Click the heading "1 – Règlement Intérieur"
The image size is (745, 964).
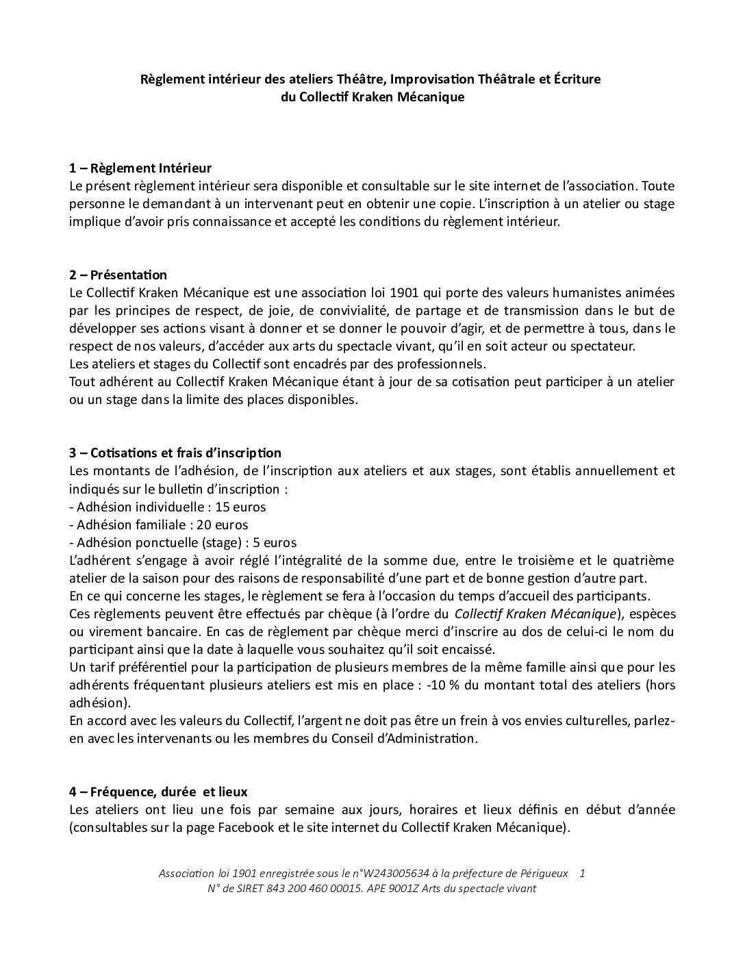140,168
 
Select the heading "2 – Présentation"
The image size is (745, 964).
118,275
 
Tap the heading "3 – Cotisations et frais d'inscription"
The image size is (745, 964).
175,453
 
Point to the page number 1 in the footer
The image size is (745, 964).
582,874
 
